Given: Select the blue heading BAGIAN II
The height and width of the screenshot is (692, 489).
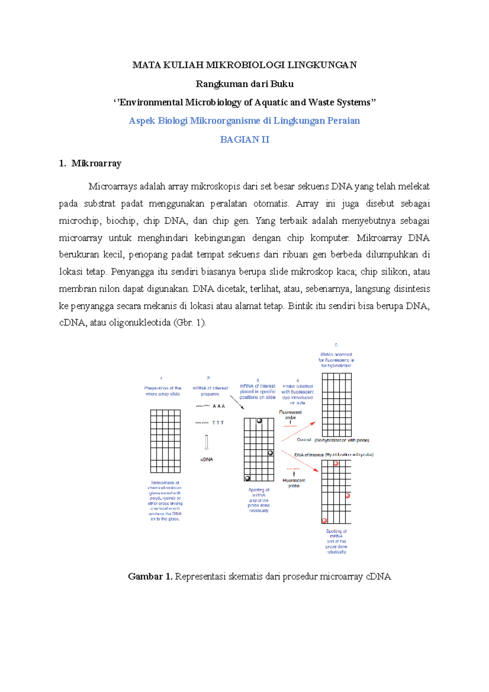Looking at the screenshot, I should (x=244, y=140).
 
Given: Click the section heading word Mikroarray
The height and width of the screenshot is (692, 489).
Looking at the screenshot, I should (x=96, y=163).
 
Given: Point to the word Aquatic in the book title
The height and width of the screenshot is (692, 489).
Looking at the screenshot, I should (x=271, y=102).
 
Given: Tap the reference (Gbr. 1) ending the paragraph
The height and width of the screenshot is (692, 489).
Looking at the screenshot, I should (x=189, y=323).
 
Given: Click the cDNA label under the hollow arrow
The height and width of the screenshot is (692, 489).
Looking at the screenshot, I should (x=207, y=459).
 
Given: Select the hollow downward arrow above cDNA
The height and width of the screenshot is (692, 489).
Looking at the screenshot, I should (x=207, y=443).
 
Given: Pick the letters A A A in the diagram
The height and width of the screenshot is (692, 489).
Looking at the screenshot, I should (x=219, y=406).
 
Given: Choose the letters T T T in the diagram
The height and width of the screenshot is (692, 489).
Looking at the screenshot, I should (x=218, y=423).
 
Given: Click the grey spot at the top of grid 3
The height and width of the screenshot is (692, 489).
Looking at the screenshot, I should (x=259, y=421).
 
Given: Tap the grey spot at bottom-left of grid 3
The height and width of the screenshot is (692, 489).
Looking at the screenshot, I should (x=247, y=478).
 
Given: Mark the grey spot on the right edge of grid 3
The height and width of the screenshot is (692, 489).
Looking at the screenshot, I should (x=271, y=453).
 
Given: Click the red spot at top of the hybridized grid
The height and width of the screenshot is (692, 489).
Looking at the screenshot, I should (x=336, y=463).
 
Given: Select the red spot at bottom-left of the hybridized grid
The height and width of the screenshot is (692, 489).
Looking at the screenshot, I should (x=324, y=521).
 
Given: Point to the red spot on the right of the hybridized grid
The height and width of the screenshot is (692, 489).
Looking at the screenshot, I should (x=348, y=496).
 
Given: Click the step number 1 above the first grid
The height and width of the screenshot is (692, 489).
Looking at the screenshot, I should (x=161, y=379).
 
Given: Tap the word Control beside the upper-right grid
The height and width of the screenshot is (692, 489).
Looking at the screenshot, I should (x=304, y=440).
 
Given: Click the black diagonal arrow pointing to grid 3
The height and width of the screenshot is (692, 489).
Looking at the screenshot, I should (x=237, y=402).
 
